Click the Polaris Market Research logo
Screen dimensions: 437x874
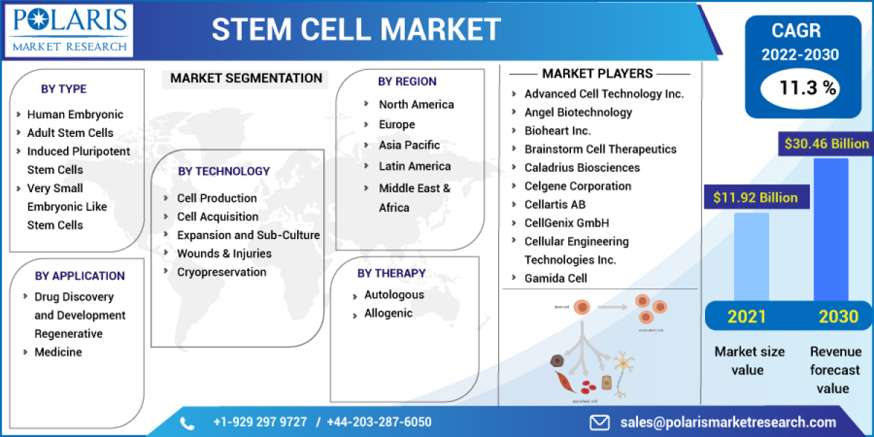[x=70, y=30]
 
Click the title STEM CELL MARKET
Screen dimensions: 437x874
[x=356, y=29]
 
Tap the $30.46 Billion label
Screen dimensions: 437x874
[x=826, y=143]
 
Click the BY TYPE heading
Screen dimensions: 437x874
[x=63, y=89]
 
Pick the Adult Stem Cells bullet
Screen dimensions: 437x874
[x=70, y=133]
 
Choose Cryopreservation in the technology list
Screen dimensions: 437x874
[x=221, y=272]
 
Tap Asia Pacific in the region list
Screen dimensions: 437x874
[x=409, y=145]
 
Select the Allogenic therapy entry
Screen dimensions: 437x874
[x=388, y=313]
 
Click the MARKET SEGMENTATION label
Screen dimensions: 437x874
[x=245, y=78]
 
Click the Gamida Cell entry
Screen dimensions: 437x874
[x=556, y=277]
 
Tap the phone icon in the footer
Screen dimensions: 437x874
[x=187, y=422]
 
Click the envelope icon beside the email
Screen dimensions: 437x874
[x=599, y=422]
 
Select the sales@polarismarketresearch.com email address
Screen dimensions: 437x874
[x=728, y=422]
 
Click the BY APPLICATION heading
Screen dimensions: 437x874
[x=79, y=275]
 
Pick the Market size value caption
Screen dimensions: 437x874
[x=749, y=361]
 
